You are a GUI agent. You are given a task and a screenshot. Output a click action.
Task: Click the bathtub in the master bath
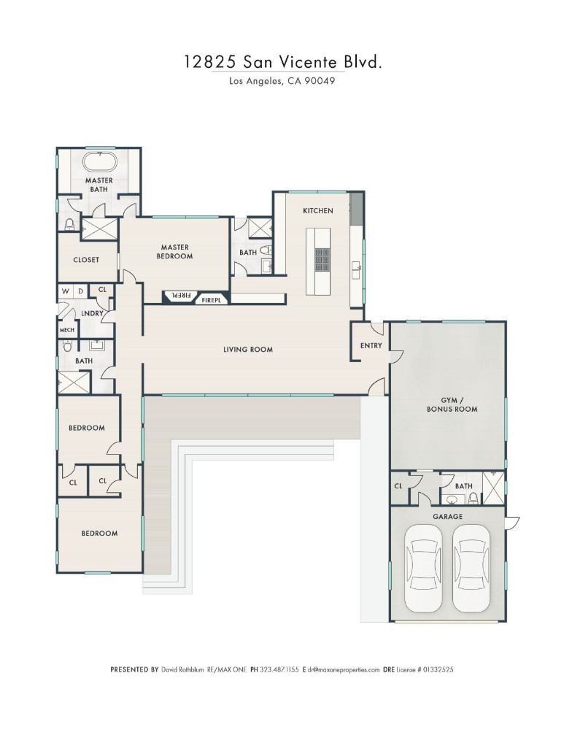(99, 163)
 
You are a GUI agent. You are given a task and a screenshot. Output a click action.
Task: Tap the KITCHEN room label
(318, 211)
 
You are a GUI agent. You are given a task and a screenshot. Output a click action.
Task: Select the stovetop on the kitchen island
(322, 259)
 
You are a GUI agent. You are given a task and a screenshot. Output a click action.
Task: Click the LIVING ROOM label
(248, 349)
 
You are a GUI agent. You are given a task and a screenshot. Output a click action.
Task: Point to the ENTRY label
(371, 345)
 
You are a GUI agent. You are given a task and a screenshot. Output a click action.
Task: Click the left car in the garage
(423, 568)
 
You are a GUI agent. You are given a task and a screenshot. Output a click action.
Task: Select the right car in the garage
(471, 568)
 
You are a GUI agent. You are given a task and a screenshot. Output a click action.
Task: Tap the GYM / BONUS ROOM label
(452, 404)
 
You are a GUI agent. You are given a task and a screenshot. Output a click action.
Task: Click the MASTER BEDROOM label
(174, 251)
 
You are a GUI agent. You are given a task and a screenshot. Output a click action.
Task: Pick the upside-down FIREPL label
(181, 295)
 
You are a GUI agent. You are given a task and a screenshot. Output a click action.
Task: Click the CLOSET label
(86, 260)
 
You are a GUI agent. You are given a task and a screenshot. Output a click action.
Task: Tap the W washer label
(65, 291)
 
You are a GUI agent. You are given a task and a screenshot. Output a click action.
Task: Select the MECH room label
(67, 330)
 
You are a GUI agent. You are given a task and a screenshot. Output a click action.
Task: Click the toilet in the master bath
(69, 224)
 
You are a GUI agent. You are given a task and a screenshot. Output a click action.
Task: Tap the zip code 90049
(320, 81)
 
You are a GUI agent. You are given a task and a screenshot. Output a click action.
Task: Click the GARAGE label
(448, 516)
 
